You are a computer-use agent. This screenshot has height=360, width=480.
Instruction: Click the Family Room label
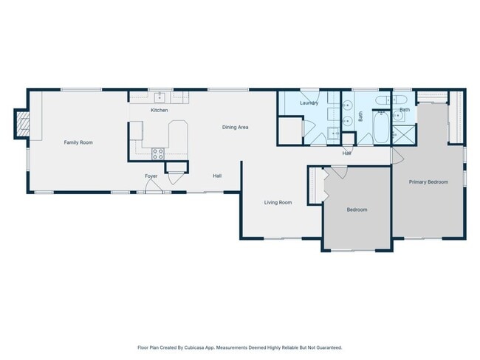coord(78,142)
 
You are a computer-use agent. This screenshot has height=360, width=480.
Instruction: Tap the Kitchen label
coord(160,110)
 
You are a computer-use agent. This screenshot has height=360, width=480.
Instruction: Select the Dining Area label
coord(235,127)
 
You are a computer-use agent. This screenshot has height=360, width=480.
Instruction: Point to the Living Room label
coord(278,202)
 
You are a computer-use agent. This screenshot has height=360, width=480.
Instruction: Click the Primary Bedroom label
coord(428,182)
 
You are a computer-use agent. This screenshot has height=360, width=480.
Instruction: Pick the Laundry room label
coord(309,103)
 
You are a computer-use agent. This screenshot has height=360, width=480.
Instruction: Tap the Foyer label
coord(151,176)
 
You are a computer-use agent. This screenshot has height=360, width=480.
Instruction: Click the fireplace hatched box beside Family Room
coord(22,124)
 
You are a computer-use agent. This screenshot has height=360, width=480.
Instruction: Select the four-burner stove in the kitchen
coord(157,154)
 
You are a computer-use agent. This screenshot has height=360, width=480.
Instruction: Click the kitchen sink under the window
coord(160,97)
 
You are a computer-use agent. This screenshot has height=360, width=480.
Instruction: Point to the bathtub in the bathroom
coord(382,127)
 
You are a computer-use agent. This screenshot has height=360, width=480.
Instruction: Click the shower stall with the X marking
coord(404,134)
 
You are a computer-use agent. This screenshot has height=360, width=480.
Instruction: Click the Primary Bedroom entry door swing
coord(397,156)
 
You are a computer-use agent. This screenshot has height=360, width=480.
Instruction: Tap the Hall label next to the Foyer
coord(217,176)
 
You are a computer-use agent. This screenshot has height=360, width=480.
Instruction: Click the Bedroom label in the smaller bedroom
coord(357,210)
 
